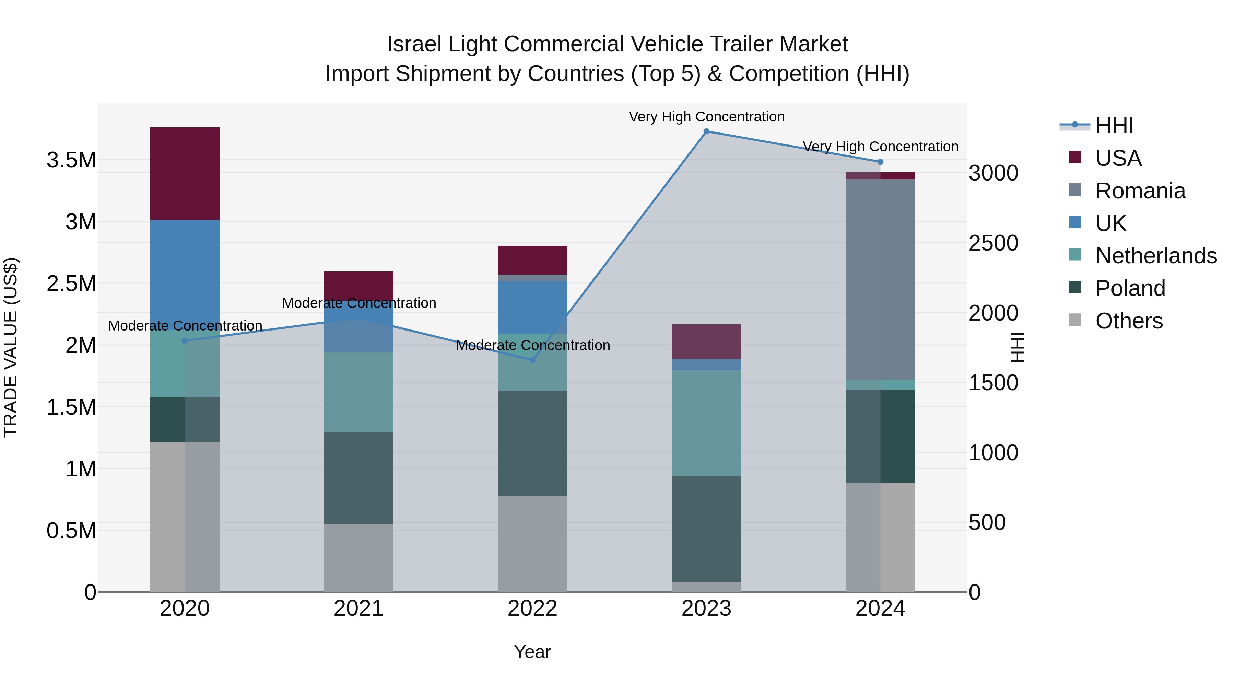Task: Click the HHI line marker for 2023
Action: [x=706, y=131]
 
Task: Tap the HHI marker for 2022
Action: [x=532, y=360]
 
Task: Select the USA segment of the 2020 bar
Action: [x=185, y=174]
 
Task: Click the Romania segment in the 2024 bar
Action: [x=880, y=280]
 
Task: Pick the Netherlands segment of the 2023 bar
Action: [x=706, y=423]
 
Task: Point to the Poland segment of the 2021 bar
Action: [x=358, y=478]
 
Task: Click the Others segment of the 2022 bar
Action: [x=532, y=544]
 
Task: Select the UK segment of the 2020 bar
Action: [x=185, y=275]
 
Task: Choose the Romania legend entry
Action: [x=1140, y=191]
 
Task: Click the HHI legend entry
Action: [x=1114, y=126]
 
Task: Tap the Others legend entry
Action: [x=1129, y=321]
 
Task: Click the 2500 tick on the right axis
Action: [x=993, y=243]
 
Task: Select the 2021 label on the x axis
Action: [x=358, y=609]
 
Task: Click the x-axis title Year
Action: [x=532, y=652]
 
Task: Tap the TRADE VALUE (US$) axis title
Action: [x=11, y=347]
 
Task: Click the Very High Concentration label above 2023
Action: [x=706, y=117]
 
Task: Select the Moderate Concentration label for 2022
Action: [x=533, y=345]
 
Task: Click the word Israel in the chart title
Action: [x=414, y=44]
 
